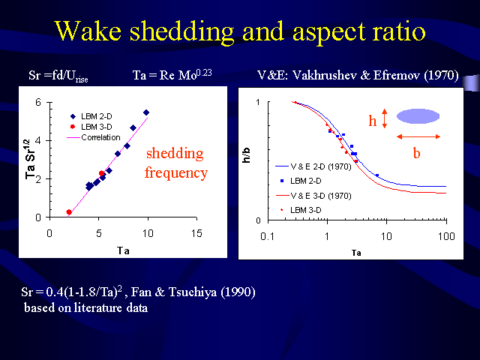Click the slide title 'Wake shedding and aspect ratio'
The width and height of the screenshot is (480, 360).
pyautogui.click(x=240, y=31)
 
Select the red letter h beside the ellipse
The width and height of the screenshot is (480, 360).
pyautogui.click(x=372, y=119)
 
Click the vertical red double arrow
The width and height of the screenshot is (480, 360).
pyautogui.click(x=384, y=118)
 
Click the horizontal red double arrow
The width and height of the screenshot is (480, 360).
pyautogui.click(x=418, y=136)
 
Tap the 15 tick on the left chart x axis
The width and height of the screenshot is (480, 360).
pyautogui.click(x=196, y=232)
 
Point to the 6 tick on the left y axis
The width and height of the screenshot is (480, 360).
pyautogui.click(x=38, y=103)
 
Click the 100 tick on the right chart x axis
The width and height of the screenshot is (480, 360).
pyautogui.click(x=446, y=237)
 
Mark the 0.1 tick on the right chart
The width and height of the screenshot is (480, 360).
pyautogui.click(x=266, y=237)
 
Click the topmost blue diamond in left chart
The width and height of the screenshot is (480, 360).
pyautogui.click(x=146, y=112)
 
